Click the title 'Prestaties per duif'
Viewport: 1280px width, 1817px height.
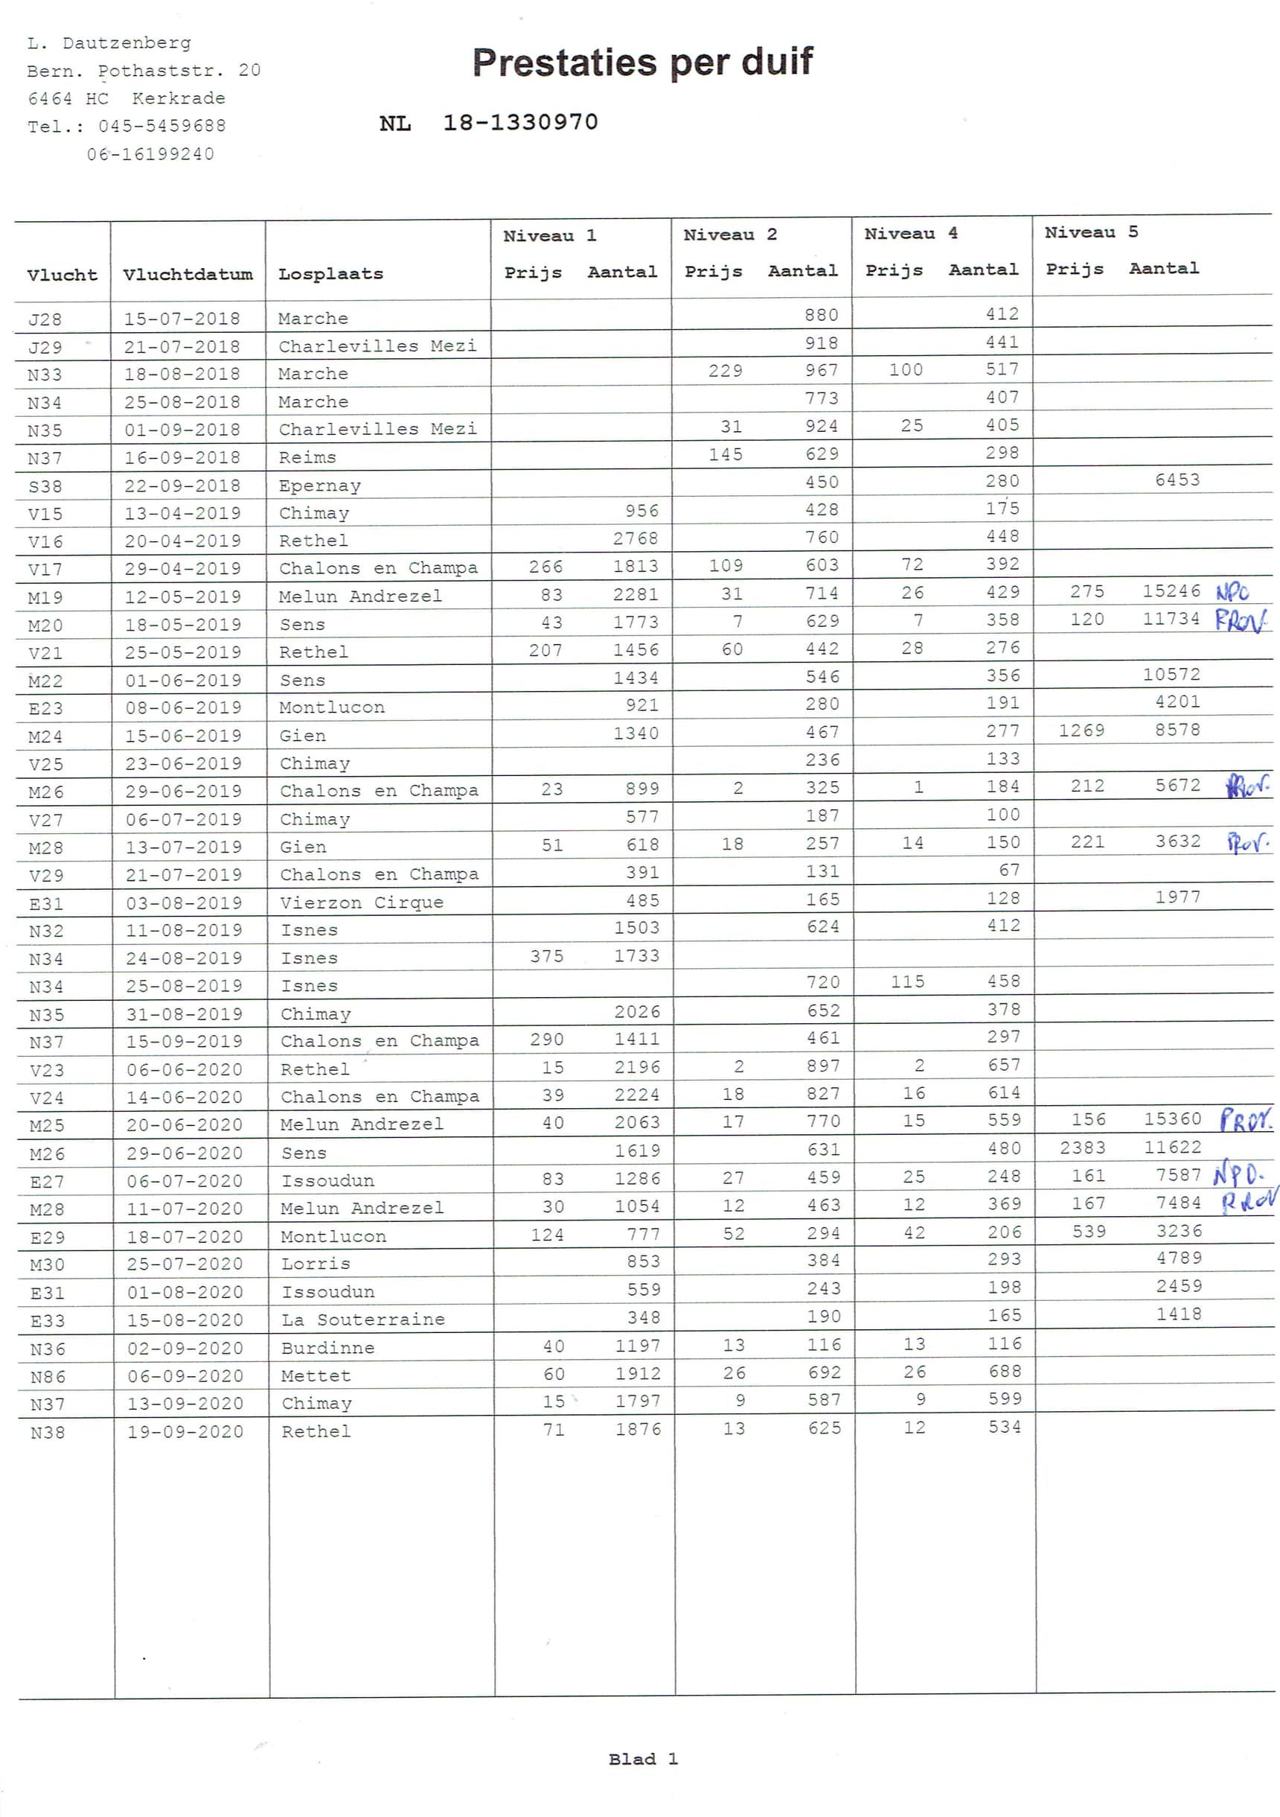(x=641, y=63)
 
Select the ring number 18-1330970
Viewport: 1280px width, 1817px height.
(x=519, y=123)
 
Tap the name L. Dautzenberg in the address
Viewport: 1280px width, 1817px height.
(x=109, y=43)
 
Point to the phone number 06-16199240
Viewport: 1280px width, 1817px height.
(x=150, y=154)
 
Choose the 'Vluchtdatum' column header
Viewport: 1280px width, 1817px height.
(x=188, y=275)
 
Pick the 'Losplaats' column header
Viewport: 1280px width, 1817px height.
(x=330, y=275)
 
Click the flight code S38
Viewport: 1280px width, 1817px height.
(x=45, y=487)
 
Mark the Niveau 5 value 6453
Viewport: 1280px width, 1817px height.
(x=1177, y=480)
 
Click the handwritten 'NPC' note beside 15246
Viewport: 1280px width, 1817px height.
(x=1232, y=593)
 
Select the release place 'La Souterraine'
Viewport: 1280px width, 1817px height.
(x=363, y=1320)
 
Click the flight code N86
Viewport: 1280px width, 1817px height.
(x=48, y=1377)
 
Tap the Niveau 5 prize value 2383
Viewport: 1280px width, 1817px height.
(x=1082, y=1148)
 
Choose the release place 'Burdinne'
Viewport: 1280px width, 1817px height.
(x=327, y=1349)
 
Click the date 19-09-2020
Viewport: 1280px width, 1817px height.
(x=185, y=1431)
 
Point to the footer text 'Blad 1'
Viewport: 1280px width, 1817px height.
(x=642, y=1759)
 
